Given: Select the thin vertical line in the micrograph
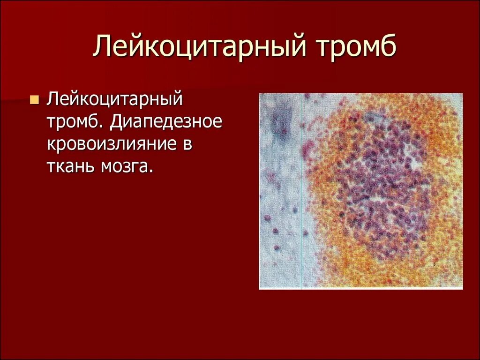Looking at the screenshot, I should click(302, 211).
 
